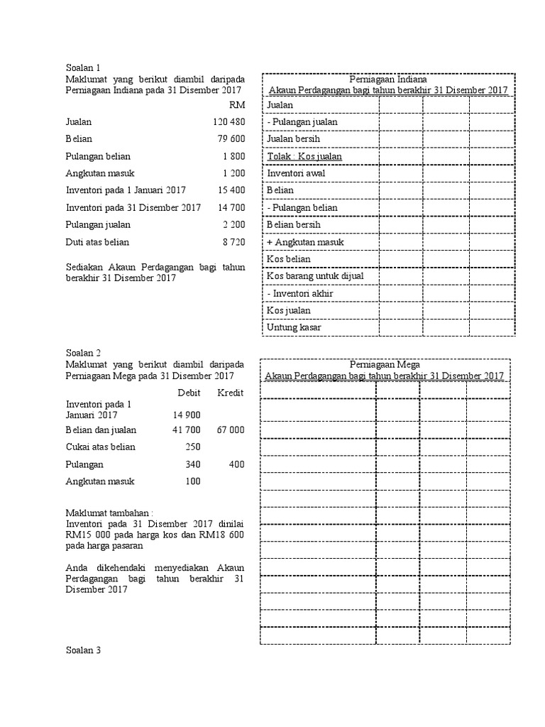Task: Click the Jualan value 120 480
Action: [229, 121]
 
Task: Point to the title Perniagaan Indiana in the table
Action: [387, 78]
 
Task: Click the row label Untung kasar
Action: [294, 327]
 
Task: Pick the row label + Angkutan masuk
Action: [305, 242]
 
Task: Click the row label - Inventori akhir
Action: [300, 293]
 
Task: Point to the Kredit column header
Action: [231, 393]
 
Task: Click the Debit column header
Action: [189, 393]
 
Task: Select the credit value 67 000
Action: [231, 430]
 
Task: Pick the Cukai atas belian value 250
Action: [192, 447]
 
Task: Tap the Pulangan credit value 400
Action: [236, 464]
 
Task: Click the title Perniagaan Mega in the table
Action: [385, 365]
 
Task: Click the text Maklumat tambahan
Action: [109, 512]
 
